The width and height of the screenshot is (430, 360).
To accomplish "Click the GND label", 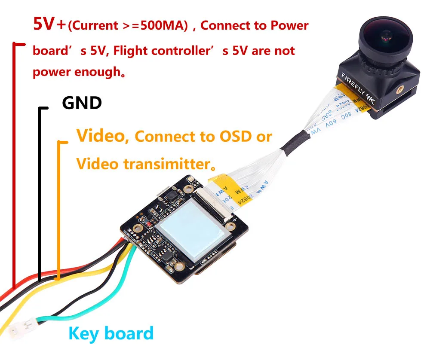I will (82, 103).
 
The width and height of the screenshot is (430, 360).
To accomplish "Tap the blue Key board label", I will (111, 333).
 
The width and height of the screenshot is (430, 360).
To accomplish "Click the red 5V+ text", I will (49, 24).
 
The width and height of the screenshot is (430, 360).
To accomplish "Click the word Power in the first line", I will (289, 25).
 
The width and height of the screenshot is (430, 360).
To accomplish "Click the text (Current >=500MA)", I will (128, 26).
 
